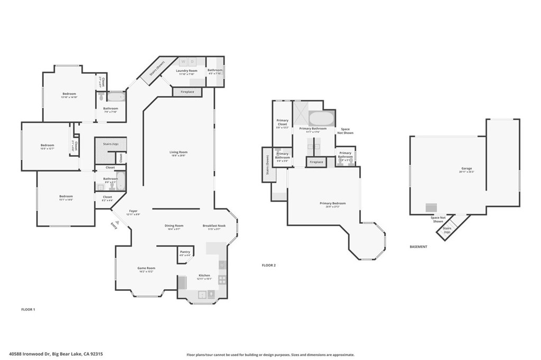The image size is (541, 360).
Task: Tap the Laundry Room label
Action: (x=186, y=72)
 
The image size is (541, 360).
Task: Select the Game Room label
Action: (x=146, y=270)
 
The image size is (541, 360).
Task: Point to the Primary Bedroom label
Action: (x=333, y=204)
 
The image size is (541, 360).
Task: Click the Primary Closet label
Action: (x=283, y=122)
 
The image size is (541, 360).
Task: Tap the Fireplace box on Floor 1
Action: (x=187, y=92)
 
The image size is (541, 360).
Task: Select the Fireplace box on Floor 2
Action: (x=316, y=162)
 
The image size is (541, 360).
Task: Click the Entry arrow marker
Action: (x=115, y=224)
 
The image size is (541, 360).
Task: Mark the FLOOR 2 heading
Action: (x=269, y=265)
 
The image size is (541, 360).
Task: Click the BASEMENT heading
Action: (x=418, y=247)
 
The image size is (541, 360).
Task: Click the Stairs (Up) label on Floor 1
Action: (x=110, y=143)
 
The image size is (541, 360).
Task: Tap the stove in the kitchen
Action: (x=222, y=280)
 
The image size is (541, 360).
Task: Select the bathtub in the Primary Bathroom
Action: (x=321, y=118)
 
